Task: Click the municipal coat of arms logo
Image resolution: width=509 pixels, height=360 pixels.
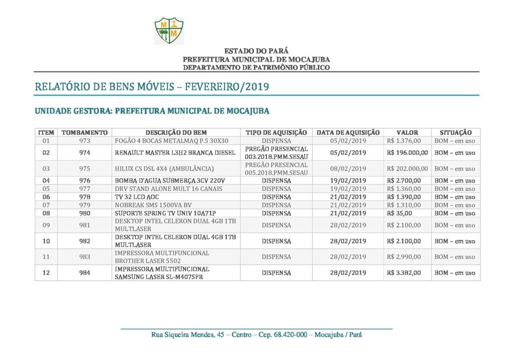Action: (x=169, y=30)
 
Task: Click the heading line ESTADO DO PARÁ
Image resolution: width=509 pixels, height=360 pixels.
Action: (x=256, y=51)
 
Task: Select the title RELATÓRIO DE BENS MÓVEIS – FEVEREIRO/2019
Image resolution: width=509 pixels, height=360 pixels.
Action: (x=152, y=87)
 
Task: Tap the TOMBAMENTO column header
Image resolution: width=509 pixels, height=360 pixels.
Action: (x=85, y=133)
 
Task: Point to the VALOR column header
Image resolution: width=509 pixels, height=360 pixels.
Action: (x=407, y=133)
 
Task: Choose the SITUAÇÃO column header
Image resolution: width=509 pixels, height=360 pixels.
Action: (x=455, y=133)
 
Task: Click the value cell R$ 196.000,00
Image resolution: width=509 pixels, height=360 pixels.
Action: (x=407, y=153)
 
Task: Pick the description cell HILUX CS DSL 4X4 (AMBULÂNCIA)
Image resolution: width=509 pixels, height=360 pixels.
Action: (x=165, y=169)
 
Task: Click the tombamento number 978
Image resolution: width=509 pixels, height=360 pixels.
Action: (x=85, y=197)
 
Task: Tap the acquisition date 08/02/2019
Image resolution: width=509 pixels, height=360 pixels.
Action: (x=348, y=169)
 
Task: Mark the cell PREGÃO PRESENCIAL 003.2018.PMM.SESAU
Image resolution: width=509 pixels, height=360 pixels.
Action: (x=276, y=153)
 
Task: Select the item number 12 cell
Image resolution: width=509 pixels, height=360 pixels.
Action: (x=46, y=273)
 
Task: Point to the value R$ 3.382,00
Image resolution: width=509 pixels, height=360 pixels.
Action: (x=404, y=273)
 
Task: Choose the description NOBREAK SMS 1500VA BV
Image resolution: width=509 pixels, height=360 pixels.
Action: (x=154, y=205)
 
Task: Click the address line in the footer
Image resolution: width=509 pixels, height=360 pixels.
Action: (x=256, y=335)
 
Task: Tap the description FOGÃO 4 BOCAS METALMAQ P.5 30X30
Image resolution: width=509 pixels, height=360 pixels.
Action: (x=171, y=141)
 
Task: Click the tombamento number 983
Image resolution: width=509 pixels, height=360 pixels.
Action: (x=85, y=257)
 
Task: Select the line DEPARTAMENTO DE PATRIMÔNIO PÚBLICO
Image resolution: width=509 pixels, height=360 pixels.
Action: (x=256, y=67)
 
